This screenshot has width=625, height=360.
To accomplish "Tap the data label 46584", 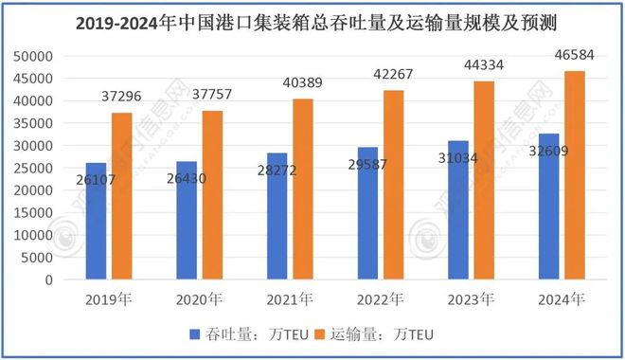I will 576,60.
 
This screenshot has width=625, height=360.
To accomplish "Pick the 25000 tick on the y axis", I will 34,168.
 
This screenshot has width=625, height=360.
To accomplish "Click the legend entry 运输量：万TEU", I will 386,333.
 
